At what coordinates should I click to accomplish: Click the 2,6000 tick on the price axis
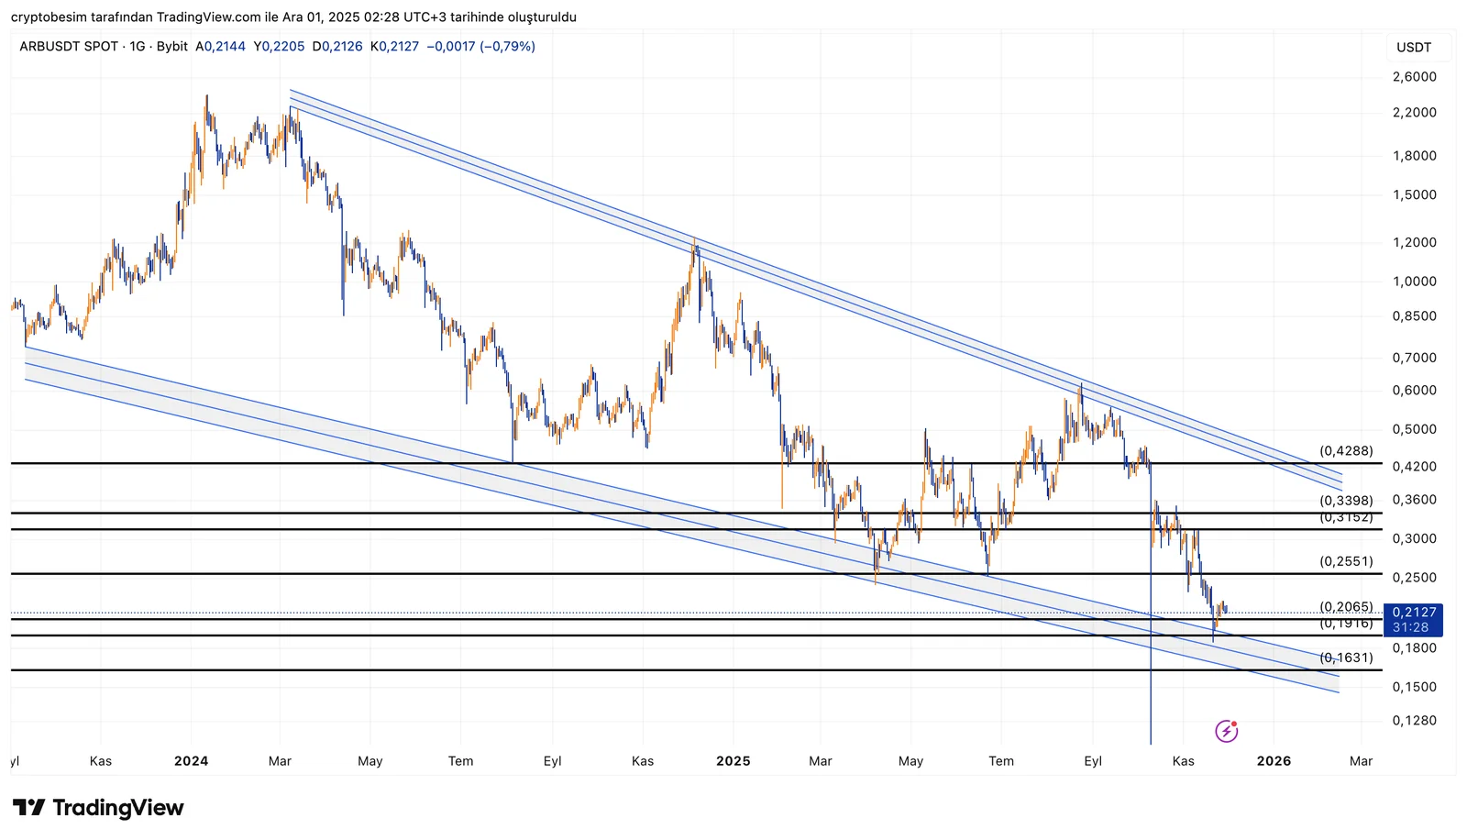click(1414, 77)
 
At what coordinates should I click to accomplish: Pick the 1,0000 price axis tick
click(1414, 282)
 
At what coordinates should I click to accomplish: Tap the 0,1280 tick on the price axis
click(1414, 721)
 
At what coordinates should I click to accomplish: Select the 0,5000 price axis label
click(1414, 429)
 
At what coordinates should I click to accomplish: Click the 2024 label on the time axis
click(191, 761)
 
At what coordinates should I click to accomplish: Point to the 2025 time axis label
click(733, 761)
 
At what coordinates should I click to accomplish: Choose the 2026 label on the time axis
click(1274, 761)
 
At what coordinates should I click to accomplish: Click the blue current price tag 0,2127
click(1415, 613)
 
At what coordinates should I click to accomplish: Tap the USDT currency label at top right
click(1414, 48)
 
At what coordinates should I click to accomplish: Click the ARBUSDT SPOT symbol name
click(69, 47)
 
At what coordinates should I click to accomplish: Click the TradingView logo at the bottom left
click(98, 808)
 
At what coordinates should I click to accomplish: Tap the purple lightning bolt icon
click(1226, 731)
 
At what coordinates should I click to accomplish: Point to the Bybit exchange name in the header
click(172, 47)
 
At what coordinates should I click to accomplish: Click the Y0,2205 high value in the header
click(279, 47)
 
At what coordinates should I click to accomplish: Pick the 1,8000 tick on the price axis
click(1414, 156)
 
